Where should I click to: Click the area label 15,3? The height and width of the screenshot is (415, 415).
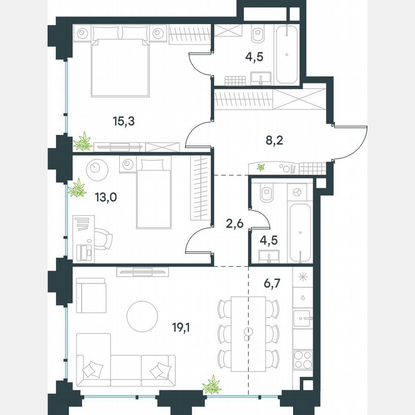(x=123, y=122)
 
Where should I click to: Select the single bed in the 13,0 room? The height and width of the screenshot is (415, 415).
(x=153, y=194)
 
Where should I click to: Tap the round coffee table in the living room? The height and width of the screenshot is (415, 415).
(x=142, y=315)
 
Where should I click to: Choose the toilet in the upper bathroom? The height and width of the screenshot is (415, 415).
(x=259, y=35)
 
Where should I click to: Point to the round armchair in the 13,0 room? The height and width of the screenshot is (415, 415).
(x=96, y=169)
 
